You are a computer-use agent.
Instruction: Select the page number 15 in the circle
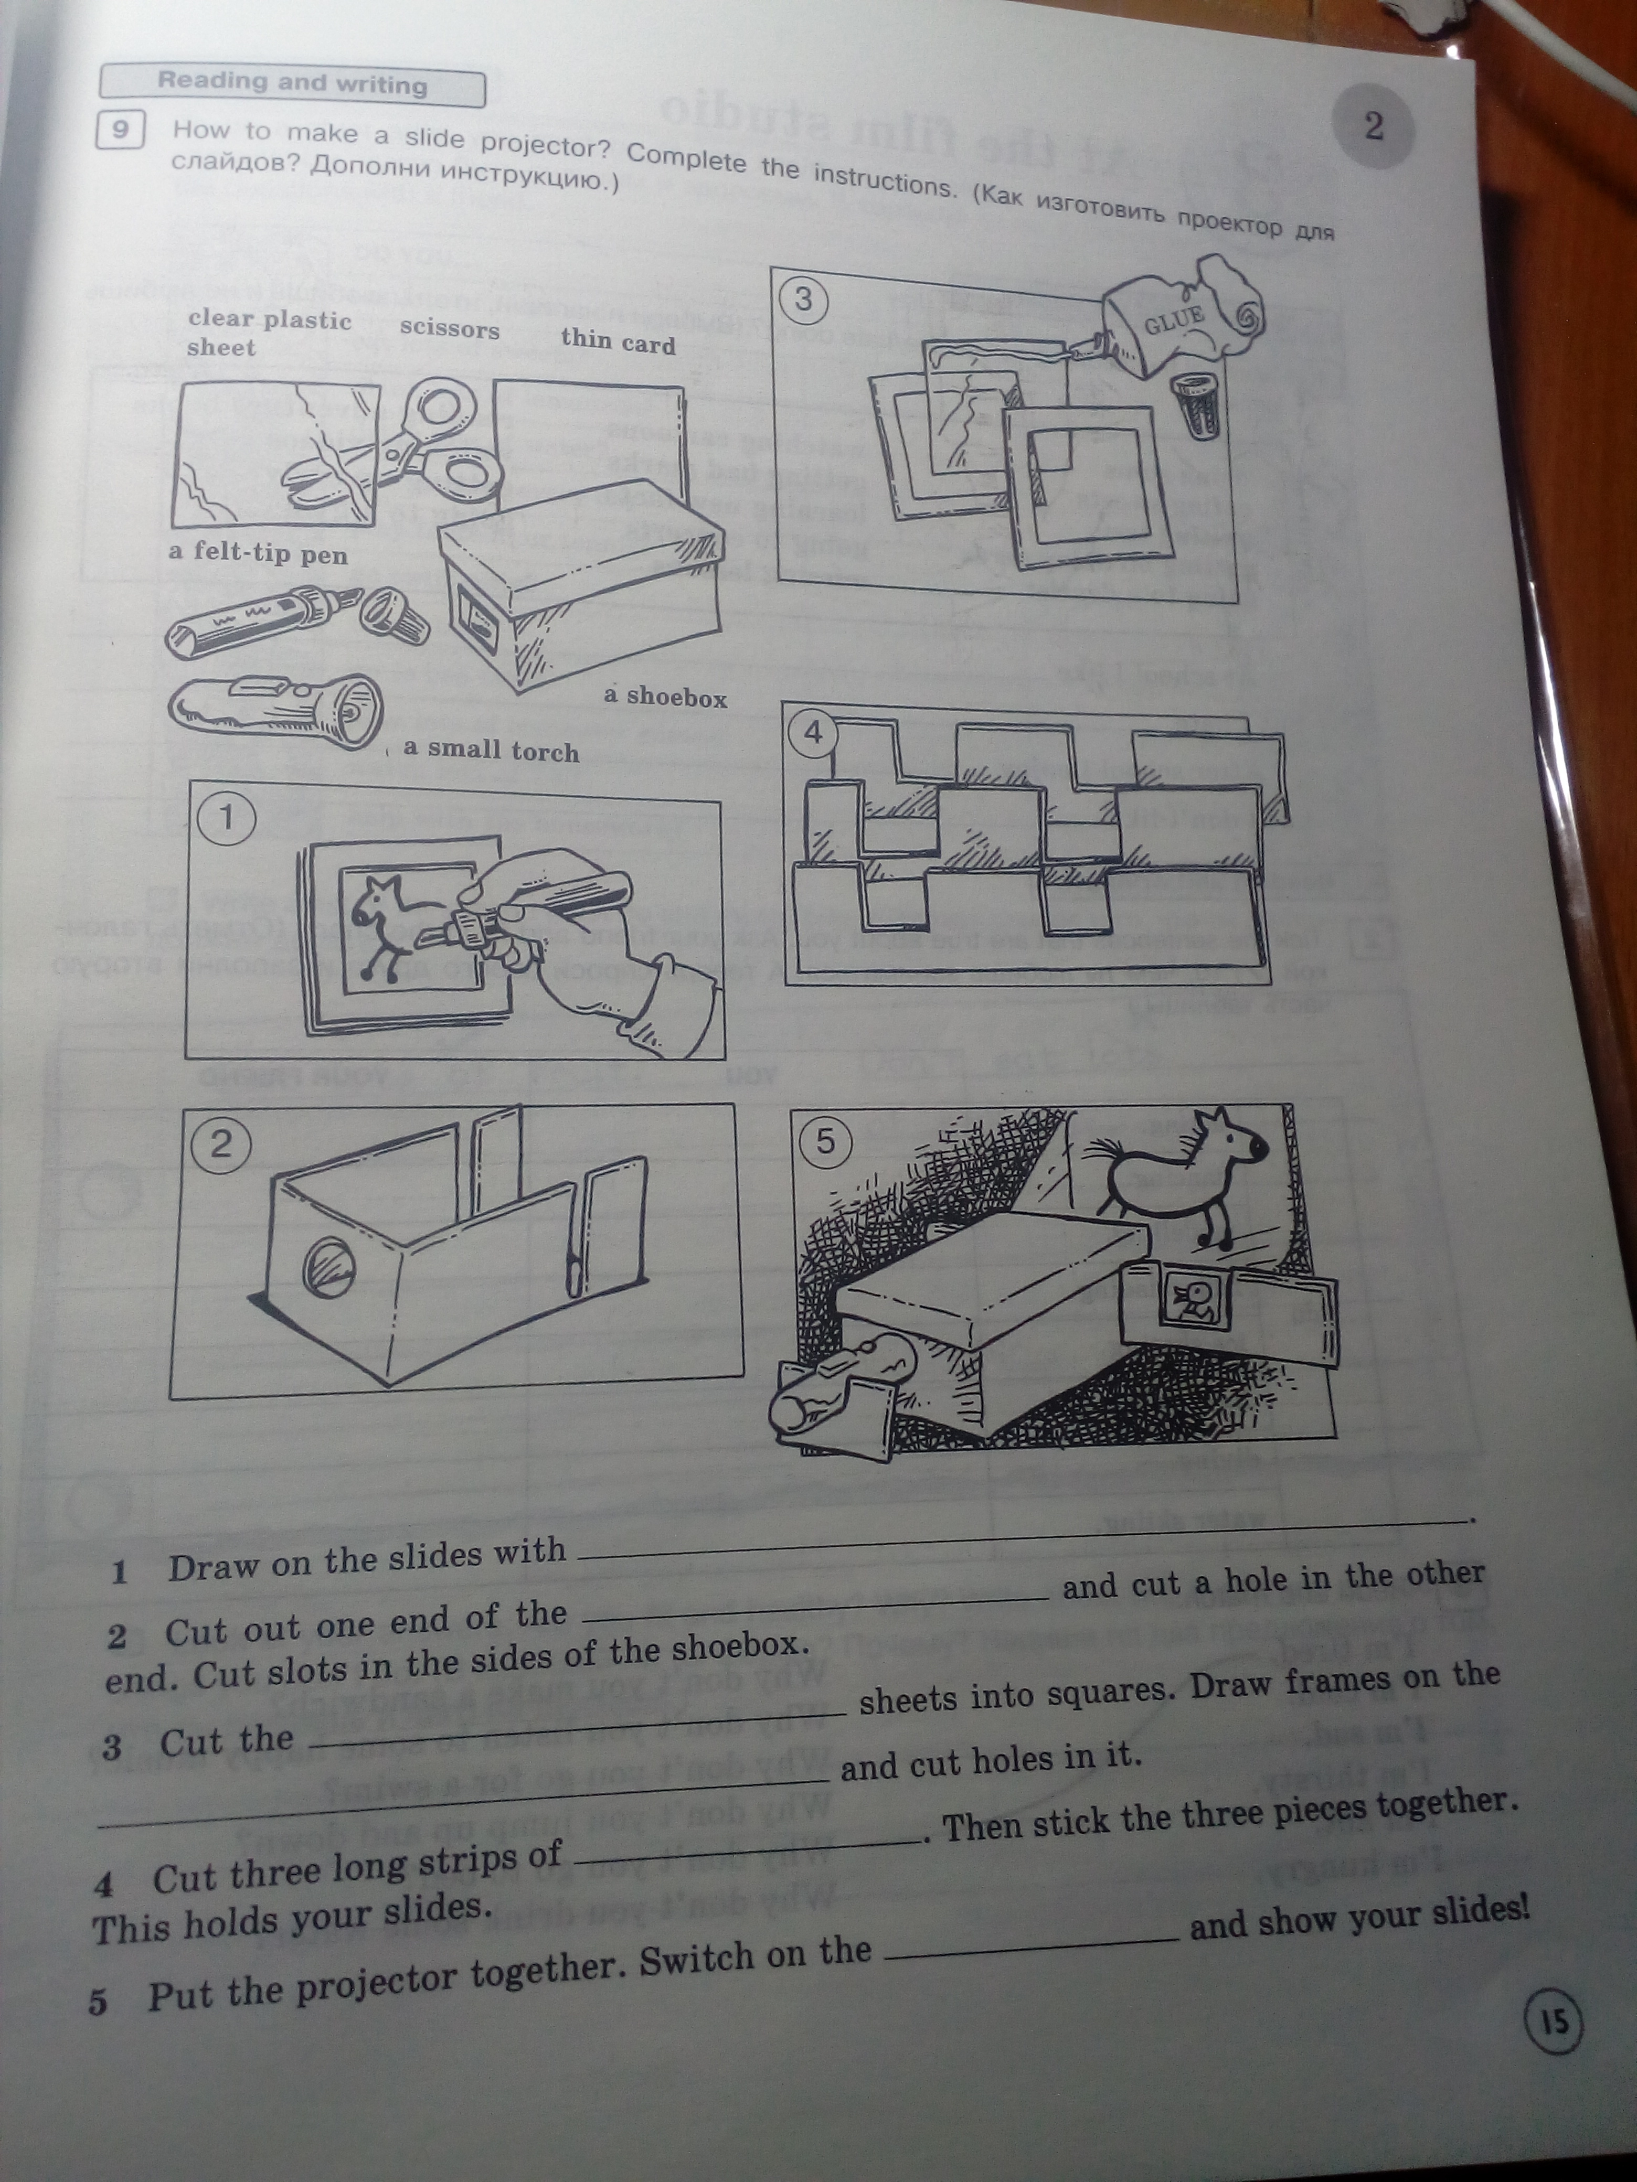1554,2021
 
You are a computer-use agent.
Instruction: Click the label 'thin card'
618,341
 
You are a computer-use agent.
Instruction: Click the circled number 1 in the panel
226,818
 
